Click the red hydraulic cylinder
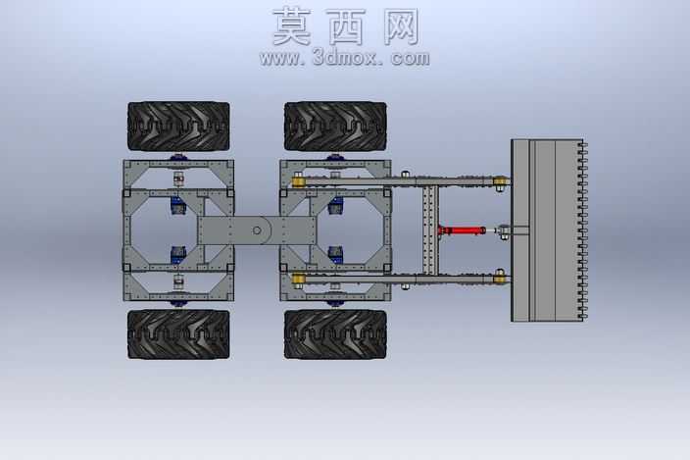pos(462,230)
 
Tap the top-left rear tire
pos(178,127)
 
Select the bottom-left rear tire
pos(178,334)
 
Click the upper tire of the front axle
pos(335,127)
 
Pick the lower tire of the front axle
pos(335,334)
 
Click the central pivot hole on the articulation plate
pos(257,230)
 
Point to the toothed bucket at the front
pos(549,230)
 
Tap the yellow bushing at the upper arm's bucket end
pos(500,180)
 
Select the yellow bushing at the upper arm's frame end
pos(298,180)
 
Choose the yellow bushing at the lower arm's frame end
pos(298,279)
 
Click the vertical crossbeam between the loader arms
pos(430,230)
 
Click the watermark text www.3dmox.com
pos(345,58)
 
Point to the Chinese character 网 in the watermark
pos(401,27)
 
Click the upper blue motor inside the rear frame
pos(177,206)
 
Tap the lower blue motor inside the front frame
pos(335,255)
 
